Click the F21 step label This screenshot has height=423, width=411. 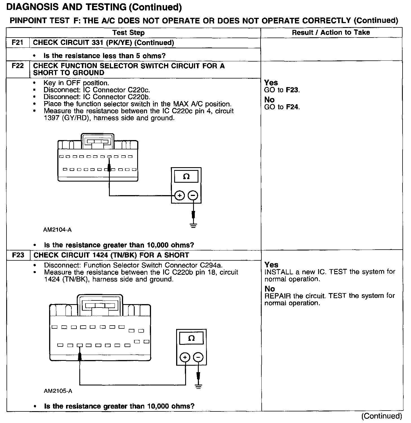tap(18, 43)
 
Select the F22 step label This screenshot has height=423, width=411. tap(18, 66)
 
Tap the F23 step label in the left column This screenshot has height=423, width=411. tap(18, 255)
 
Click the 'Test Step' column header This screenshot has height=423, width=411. tap(128, 33)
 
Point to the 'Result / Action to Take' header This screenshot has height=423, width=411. tap(331, 32)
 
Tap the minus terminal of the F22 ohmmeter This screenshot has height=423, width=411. tap(193, 195)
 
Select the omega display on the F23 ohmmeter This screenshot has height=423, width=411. tap(191, 338)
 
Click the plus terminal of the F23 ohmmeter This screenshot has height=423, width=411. tap(185, 357)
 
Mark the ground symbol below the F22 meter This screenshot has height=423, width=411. tap(193, 225)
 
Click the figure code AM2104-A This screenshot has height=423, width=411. tap(57, 230)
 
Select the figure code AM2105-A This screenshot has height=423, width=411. tap(58, 391)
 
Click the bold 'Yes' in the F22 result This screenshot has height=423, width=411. tap(271, 83)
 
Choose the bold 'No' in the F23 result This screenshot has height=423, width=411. tap(270, 289)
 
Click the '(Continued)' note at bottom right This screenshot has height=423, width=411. tap(381, 416)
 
